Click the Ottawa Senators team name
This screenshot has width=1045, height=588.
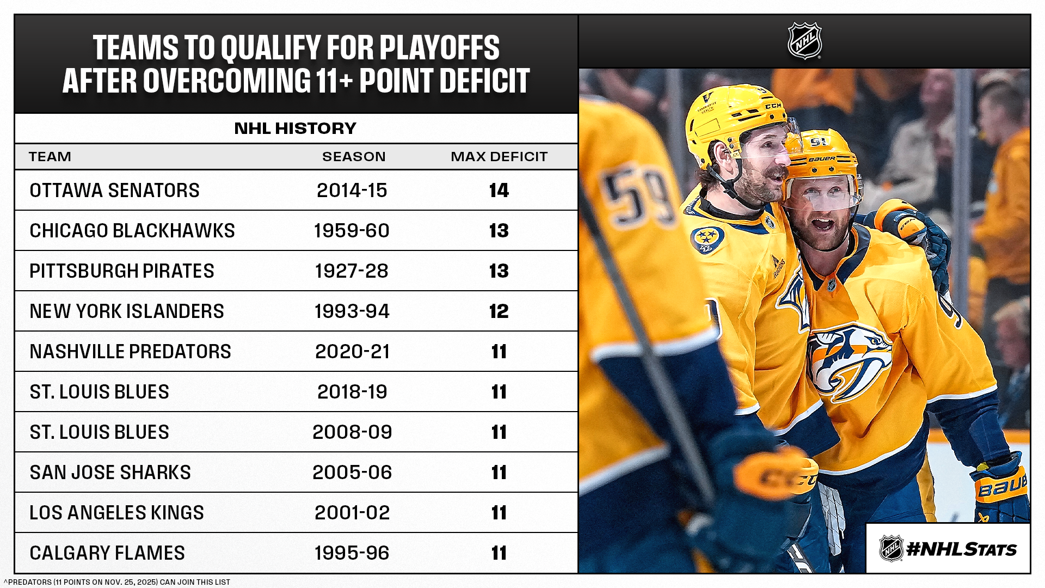114,191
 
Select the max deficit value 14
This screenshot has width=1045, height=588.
499,191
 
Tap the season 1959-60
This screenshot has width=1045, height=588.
352,231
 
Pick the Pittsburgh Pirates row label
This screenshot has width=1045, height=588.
122,271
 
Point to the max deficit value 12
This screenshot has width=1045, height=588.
499,311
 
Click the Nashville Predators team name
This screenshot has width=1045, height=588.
130,352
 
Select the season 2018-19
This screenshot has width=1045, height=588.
352,392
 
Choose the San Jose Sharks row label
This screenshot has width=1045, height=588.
110,473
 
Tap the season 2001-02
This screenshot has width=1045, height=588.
352,513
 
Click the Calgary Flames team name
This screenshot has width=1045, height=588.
107,553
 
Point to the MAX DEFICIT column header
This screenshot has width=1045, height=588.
499,157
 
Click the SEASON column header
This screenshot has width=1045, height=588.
354,157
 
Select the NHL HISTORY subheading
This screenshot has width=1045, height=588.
296,128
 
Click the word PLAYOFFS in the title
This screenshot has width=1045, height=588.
439,48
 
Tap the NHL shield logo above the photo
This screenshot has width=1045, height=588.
804,41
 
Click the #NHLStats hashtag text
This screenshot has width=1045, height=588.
961,549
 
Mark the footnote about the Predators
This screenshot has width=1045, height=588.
116,582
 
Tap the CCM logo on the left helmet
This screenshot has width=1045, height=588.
773,106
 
